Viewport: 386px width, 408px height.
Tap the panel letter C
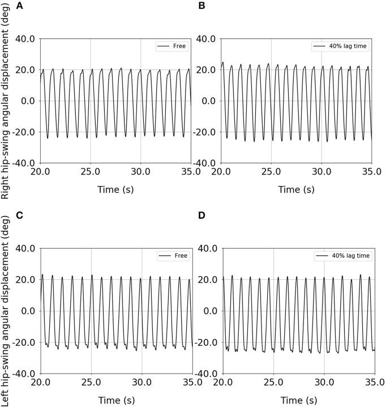pos(4,217)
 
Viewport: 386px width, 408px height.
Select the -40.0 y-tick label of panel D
pos(208,374)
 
